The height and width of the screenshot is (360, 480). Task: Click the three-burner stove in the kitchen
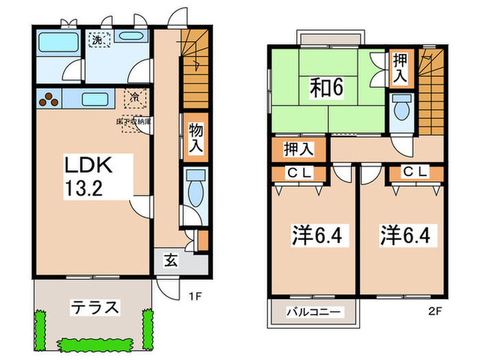click(x=50, y=99)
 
